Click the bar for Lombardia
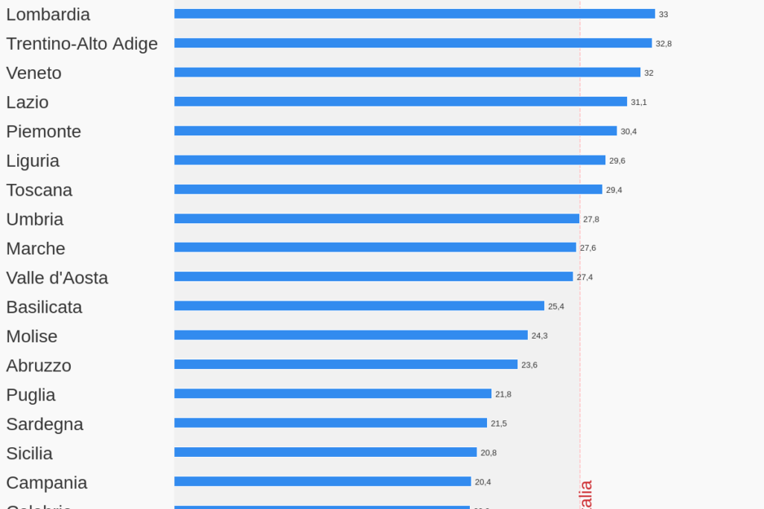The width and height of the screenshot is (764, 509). [x=414, y=14]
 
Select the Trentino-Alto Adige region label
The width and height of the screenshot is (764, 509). [x=82, y=44]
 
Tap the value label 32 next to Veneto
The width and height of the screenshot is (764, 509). [x=649, y=73]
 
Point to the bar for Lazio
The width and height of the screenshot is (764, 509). [x=401, y=102]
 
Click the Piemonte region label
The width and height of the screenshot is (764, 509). [x=43, y=132]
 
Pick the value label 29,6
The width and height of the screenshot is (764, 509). [x=617, y=161]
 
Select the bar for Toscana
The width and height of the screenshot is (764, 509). [x=388, y=190]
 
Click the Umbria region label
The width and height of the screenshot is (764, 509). [x=34, y=220]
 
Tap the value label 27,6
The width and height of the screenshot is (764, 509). [x=588, y=248]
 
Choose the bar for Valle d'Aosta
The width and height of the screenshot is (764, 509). [x=373, y=277]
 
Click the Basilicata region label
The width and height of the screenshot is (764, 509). [x=44, y=307]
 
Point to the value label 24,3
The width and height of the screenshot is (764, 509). [x=539, y=336]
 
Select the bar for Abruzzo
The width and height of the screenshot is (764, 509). [x=346, y=365]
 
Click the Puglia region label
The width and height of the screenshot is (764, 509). [x=31, y=395]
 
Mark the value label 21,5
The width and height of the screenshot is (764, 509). [x=498, y=423]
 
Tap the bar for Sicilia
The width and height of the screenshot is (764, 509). [x=325, y=452]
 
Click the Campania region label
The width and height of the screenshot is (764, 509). [x=46, y=483]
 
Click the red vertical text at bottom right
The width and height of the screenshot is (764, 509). [x=586, y=495]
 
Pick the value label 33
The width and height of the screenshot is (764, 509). [x=663, y=14]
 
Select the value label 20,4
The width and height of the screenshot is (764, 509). [x=483, y=482]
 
